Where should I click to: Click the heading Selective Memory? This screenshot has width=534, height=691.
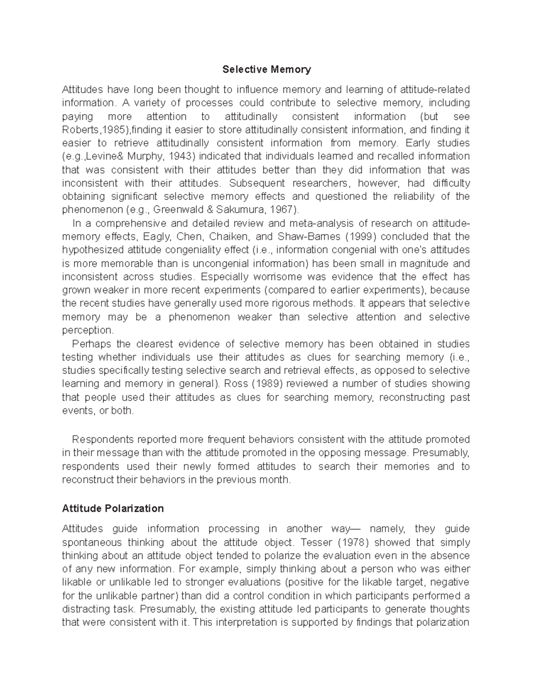click(x=267, y=69)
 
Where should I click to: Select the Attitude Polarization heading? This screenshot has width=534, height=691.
click(x=113, y=508)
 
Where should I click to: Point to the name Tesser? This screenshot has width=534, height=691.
click(x=314, y=542)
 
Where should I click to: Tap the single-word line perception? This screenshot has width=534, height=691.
click(x=88, y=330)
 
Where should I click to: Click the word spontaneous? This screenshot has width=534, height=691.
click(x=92, y=542)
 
